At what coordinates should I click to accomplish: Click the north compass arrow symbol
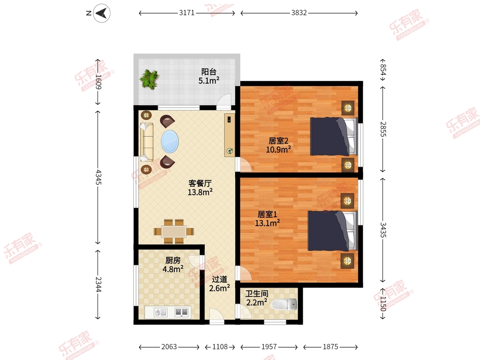click(x=102, y=13)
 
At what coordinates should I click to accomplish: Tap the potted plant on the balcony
click(x=150, y=79)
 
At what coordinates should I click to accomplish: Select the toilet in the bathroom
click(x=284, y=304)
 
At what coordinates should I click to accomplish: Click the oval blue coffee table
click(x=170, y=142)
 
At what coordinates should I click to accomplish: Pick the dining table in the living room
click(x=174, y=232)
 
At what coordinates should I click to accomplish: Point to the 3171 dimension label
click(x=187, y=13)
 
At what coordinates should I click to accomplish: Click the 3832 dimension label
click(x=299, y=13)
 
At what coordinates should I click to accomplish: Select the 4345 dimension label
click(x=98, y=177)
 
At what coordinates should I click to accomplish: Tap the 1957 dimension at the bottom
click(x=269, y=347)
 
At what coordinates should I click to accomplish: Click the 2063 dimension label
click(x=169, y=347)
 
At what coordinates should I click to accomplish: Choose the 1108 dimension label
click(x=220, y=347)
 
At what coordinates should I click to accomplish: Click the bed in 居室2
click(x=334, y=136)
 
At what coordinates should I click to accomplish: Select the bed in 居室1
click(x=333, y=231)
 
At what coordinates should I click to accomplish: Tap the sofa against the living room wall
click(x=147, y=142)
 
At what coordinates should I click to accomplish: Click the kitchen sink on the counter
click(x=161, y=312)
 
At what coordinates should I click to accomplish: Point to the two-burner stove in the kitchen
click(x=182, y=312)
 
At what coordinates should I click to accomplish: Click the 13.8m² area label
click(x=200, y=192)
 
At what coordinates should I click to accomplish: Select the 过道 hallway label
click(x=220, y=279)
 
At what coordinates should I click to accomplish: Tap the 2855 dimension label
click(x=383, y=129)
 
